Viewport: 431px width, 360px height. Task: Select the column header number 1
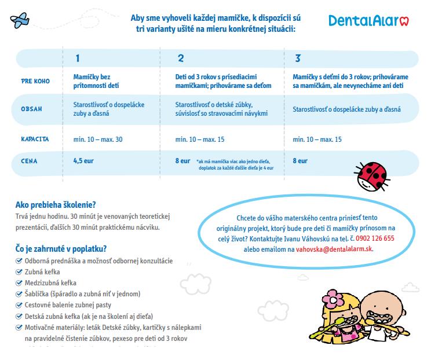point(77,58)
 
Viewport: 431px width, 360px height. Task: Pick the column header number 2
point(181,58)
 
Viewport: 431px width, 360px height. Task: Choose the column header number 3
point(298,58)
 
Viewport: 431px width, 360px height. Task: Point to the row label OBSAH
point(31,109)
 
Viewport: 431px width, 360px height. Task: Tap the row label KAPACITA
point(35,139)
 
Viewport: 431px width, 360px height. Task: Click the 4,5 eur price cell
point(83,161)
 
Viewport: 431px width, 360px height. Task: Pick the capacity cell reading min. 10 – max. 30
point(98,139)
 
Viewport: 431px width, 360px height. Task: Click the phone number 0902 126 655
point(375,238)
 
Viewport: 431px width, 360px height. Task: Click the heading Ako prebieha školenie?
point(56,204)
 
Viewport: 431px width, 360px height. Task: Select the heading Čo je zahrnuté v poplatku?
point(61,249)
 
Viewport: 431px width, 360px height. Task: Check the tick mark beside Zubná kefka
point(20,271)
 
